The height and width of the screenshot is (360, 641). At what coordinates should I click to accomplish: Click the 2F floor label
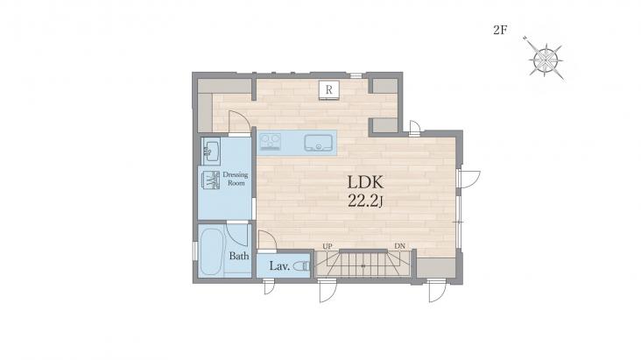click(x=500, y=31)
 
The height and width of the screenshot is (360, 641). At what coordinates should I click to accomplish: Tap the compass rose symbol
click(x=546, y=60)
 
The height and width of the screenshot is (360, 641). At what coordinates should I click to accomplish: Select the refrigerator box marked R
click(x=329, y=89)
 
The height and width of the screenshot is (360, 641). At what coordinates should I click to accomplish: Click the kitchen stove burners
click(x=271, y=142)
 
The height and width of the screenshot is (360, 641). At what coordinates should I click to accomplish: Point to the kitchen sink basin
click(x=318, y=143)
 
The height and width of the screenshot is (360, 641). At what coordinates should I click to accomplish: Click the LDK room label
click(x=365, y=181)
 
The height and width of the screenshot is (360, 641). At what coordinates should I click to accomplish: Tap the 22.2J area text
click(x=365, y=201)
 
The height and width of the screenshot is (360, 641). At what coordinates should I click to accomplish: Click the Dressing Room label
click(x=236, y=179)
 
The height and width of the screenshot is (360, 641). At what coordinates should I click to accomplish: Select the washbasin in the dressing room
click(x=211, y=152)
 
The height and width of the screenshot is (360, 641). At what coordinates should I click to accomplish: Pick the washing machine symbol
click(x=211, y=180)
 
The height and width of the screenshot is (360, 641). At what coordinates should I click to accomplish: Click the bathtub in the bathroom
click(x=211, y=251)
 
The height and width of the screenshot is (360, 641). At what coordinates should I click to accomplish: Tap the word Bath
click(x=239, y=256)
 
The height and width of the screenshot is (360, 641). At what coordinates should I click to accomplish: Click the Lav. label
click(x=279, y=266)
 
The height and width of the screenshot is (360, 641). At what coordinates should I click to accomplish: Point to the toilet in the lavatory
click(x=302, y=266)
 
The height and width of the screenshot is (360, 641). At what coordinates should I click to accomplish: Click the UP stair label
click(x=328, y=246)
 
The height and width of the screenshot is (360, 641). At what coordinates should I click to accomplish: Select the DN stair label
click(x=400, y=246)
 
